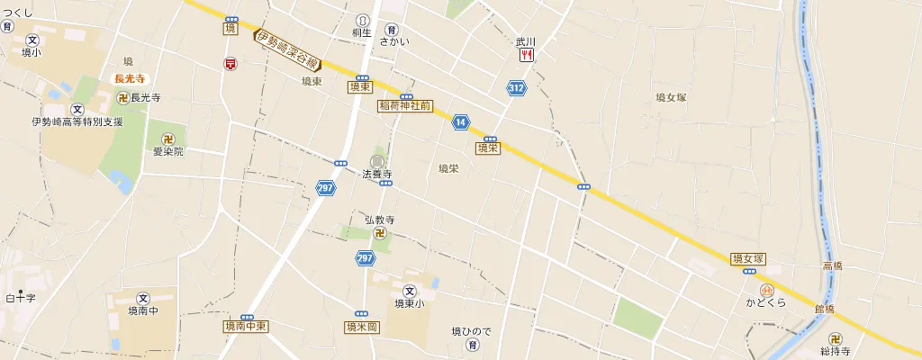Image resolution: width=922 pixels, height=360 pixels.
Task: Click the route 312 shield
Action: click(x=516, y=88)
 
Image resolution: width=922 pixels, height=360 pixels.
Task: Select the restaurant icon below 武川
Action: click(x=526, y=55)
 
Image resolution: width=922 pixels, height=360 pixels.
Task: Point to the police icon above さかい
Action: click(x=392, y=28)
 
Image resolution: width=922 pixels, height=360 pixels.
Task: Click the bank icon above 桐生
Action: click(x=363, y=20)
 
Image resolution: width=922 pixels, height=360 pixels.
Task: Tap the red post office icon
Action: click(x=231, y=64)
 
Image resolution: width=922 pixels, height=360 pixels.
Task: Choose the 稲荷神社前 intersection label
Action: click(x=405, y=105)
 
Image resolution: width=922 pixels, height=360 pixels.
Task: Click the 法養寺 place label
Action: click(x=377, y=173)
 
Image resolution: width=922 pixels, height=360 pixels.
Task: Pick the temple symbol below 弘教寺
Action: click(x=380, y=233)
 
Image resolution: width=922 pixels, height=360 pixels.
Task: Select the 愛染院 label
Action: click(x=167, y=151)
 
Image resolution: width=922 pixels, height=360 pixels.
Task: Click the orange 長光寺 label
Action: click(x=130, y=79)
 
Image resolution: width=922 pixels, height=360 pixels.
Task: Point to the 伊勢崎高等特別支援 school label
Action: click(x=77, y=121)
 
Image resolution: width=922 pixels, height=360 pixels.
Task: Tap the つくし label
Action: click(x=18, y=12)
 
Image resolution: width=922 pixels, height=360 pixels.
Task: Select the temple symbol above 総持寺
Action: click(x=836, y=339)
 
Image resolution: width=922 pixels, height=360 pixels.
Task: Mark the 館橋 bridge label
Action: click(x=824, y=309)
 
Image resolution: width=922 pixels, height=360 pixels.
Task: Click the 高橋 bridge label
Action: click(x=833, y=265)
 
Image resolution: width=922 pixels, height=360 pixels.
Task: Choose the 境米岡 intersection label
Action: click(x=361, y=327)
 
